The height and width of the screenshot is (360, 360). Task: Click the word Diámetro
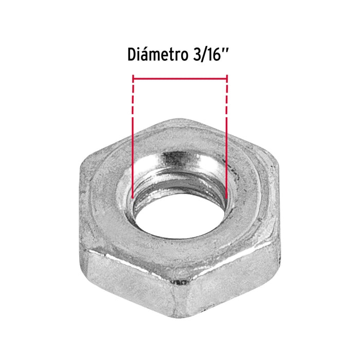tap(158, 54)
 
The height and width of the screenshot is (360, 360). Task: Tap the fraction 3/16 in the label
tap(207, 55)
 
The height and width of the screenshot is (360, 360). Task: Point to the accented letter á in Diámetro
tap(146, 54)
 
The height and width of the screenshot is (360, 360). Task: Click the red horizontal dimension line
tap(180, 79)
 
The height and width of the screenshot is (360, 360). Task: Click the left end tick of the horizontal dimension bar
tap(133, 79)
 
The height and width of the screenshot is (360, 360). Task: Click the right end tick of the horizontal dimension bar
tap(227, 79)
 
